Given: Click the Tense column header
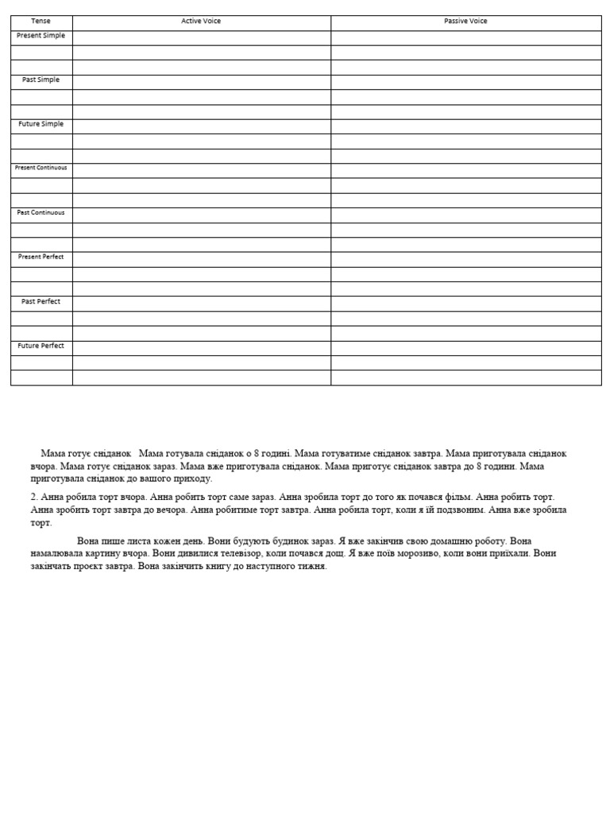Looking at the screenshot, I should (41, 21).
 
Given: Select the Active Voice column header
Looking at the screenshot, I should (201, 21).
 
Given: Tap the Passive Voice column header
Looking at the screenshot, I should (465, 21).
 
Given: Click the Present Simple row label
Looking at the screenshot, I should (41, 36).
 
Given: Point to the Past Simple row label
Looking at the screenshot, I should (41, 80).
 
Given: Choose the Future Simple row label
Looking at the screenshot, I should (41, 125).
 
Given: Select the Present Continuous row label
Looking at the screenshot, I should (41, 169).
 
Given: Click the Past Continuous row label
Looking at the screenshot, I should (41, 213).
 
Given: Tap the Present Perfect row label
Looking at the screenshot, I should (41, 258).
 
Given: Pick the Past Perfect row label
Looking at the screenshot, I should (41, 302).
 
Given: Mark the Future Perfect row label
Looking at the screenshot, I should (41, 347).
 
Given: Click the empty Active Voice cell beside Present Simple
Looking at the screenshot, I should (201, 37).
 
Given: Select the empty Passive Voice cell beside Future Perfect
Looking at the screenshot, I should (465, 348).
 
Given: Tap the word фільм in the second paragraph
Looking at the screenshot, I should (454, 497).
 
